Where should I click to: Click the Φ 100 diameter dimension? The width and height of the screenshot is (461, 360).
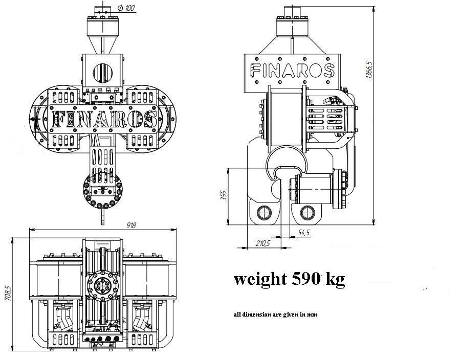pos(126,8)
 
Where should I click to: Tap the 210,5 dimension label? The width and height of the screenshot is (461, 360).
pos(262,243)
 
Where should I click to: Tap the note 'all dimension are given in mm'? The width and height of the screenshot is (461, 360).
pos(275,314)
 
